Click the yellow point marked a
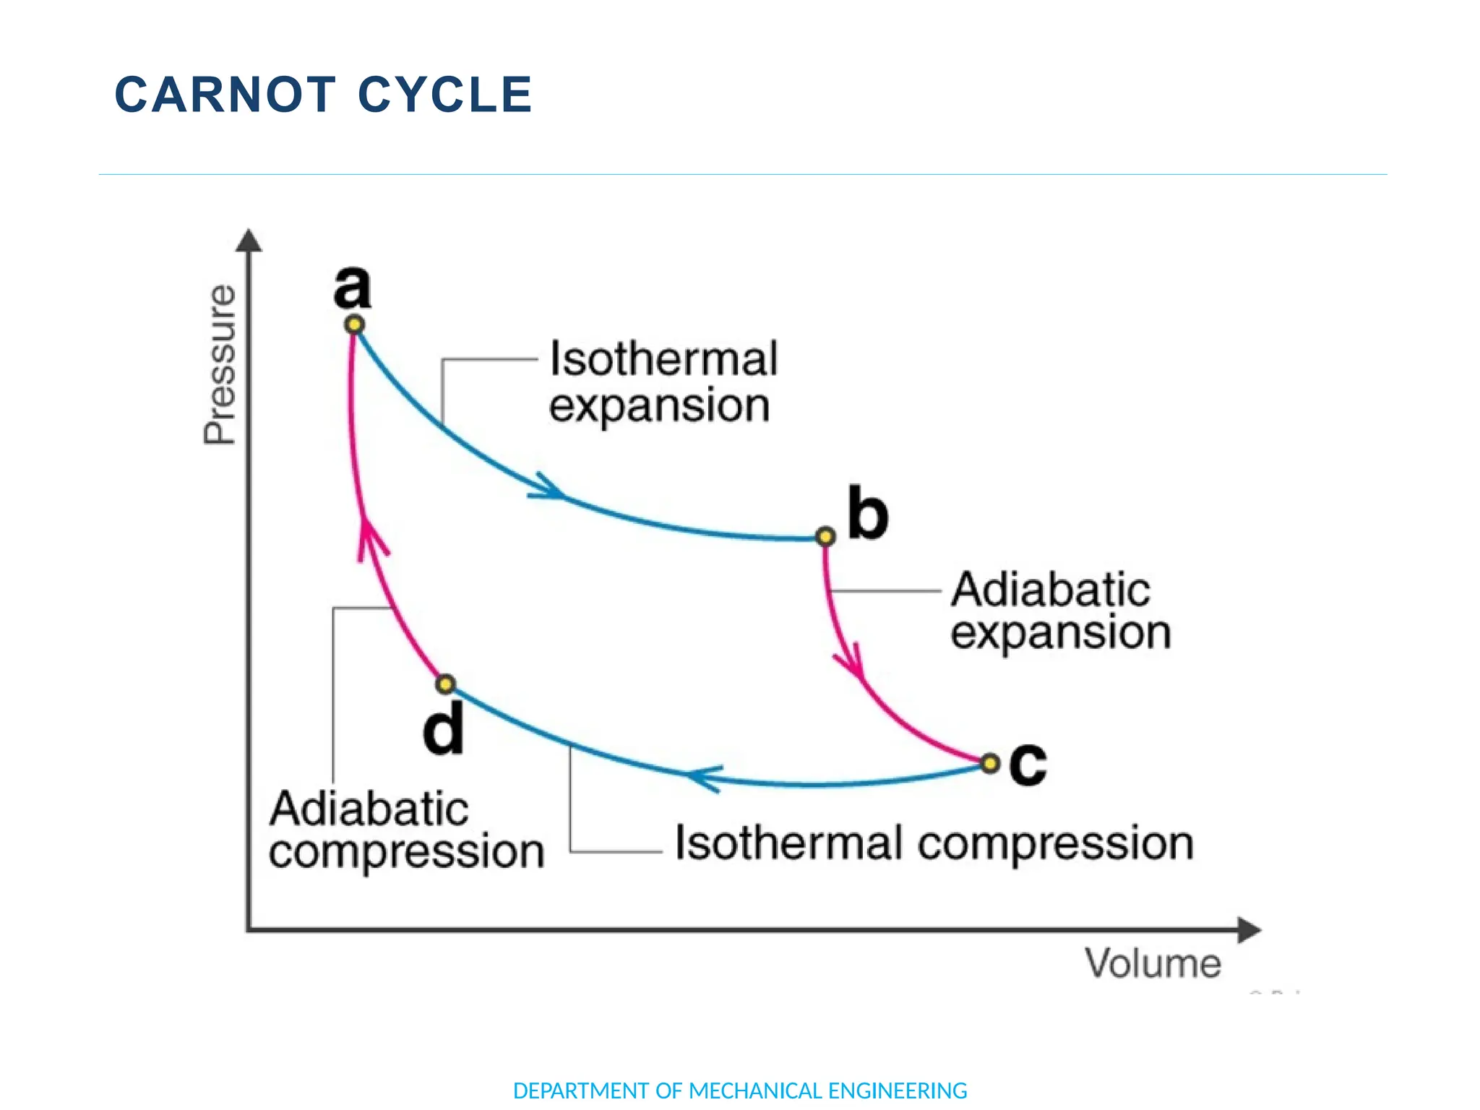[x=354, y=324]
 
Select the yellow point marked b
[x=825, y=536]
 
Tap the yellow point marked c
[x=990, y=763]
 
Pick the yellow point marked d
[x=446, y=684]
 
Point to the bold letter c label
[x=1028, y=764]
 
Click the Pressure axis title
[x=220, y=364]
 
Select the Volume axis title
[x=1153, y=963]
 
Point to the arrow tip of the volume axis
[x=1252, y=930]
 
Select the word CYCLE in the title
[x=445, y=95]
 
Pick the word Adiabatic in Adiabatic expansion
[x=1050, y=590]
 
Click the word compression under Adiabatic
[x=406, y=851]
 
